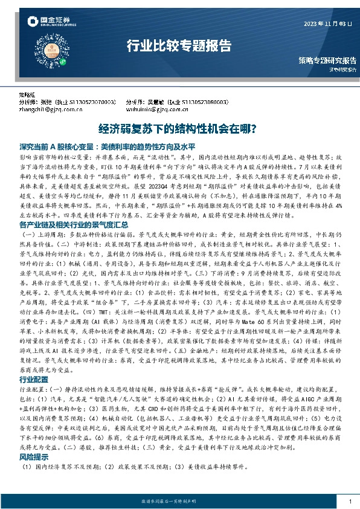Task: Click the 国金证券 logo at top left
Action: coord(48,24)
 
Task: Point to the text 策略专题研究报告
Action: coord(327,60)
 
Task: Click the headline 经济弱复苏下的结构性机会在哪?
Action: coord(179,129)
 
